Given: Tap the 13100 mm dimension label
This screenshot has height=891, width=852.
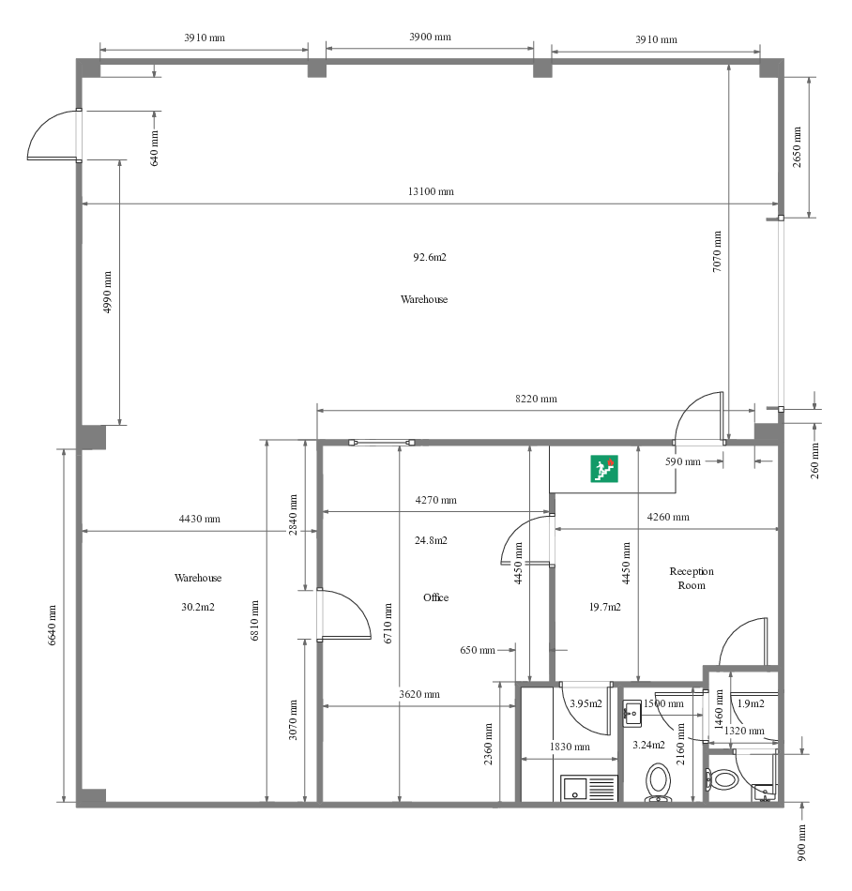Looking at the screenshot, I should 431,191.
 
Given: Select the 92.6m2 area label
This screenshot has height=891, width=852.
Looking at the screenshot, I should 430,257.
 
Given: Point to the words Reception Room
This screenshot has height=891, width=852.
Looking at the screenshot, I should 692,578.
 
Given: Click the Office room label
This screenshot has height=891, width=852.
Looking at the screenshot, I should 435,597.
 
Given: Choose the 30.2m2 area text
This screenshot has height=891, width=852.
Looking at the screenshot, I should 198,607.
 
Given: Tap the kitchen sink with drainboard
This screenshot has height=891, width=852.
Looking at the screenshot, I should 589,788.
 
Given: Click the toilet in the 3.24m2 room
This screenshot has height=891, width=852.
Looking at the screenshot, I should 659,780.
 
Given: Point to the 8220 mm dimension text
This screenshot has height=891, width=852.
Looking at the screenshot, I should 536,399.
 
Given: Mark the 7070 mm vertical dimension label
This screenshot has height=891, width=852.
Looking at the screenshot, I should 717,250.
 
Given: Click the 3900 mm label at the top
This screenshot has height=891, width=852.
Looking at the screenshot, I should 430,37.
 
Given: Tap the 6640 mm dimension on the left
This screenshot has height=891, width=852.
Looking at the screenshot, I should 53,625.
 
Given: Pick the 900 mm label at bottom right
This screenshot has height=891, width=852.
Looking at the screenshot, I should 801,843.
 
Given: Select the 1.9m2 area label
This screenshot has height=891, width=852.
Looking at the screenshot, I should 751,703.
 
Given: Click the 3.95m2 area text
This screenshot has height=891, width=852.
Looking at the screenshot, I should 586,703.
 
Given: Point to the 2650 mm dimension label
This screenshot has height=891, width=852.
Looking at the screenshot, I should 797,146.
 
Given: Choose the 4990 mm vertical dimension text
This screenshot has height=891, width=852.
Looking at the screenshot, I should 107,292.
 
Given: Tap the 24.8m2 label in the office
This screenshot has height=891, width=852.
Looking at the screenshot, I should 431,540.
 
